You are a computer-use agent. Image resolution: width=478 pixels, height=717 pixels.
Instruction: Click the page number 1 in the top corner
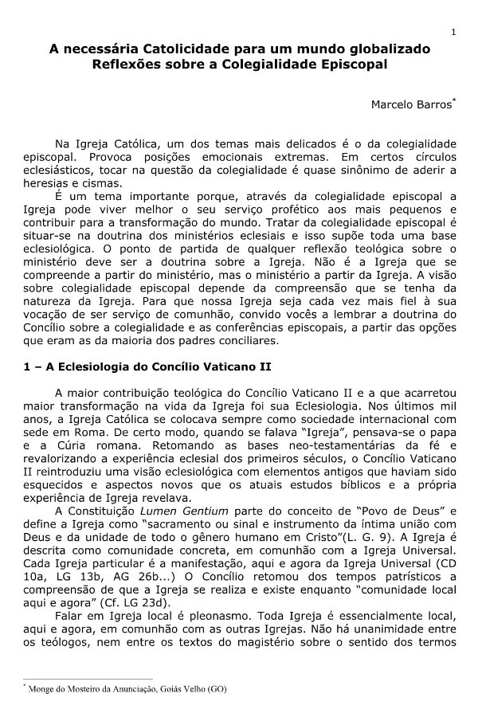[453, 32]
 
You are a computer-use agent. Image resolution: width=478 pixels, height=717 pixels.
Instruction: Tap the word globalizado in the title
[388, 49]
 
